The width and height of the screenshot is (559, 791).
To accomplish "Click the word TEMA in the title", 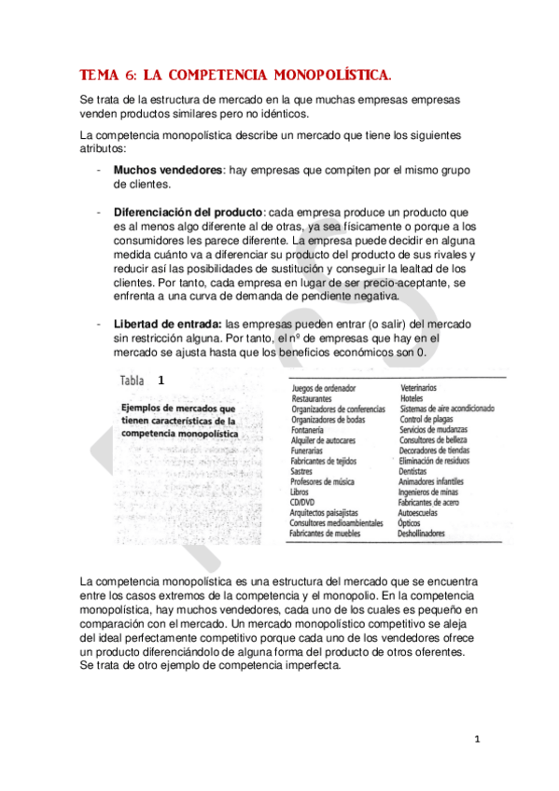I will (97, 74).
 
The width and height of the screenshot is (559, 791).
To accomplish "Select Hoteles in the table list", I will (412, 397).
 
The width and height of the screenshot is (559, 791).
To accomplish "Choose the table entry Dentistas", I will (416, 471).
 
